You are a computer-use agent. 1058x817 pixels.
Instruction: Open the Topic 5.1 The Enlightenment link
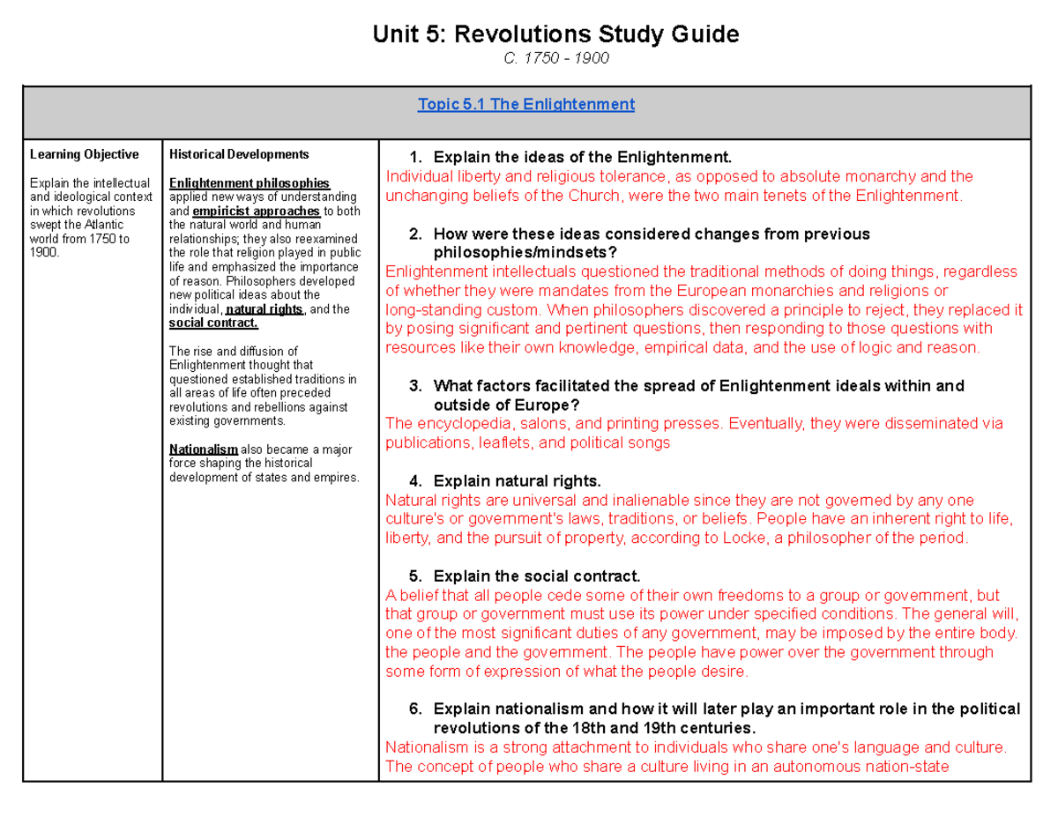pyautogui.click(x=526, y=104)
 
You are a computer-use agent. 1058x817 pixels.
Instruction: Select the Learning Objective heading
pyautogui.click(x=84, y=154)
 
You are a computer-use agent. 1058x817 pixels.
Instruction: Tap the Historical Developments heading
pyautogui.click(x=238, y=154)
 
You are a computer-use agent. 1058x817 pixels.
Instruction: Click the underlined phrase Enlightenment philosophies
pyautogui.click(x=249, y=182)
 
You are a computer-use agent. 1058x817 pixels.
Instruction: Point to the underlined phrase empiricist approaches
pyautogui.click(x=256, y=212)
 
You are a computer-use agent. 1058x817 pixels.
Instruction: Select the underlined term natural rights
pyautogui.click(x=264, y=309)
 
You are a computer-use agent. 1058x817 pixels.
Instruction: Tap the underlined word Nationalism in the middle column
pyautogui.click(x=203, y=449)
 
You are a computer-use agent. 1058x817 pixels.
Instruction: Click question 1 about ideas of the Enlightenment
pyautogui.click(x=582, y=158)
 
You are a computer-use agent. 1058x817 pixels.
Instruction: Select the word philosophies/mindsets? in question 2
pyautogui.click(x=508, y=252)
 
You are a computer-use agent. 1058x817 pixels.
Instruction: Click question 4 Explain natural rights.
pyautogui.click(x=517, y=481)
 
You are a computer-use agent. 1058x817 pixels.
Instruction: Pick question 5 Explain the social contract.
pyautogui.click(x=537, y=576)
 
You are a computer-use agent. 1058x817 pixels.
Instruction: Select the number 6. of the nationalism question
pyautogui.click(x=416, y=709)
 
